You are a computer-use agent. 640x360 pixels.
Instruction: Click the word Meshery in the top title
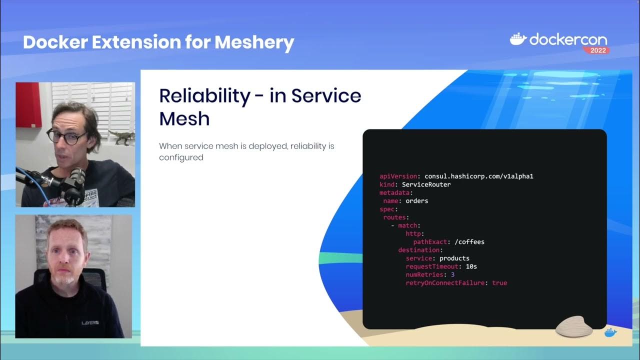coord(254,42)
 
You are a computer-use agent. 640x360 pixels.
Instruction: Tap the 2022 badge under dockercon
coord(596,50)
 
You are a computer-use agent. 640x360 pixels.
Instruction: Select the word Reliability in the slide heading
coord(204,95)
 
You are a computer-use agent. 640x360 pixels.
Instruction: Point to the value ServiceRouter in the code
coord(426,184)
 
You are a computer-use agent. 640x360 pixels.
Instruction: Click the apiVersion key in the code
coord(398,176)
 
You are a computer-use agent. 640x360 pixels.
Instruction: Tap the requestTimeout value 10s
coord(471,266)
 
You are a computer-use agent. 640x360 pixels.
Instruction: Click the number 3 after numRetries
coord(452,274)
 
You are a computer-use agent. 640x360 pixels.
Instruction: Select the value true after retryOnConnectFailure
coord(499,283)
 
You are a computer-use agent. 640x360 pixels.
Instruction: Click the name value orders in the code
coord(416,201)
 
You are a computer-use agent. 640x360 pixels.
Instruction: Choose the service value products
coord(454,258)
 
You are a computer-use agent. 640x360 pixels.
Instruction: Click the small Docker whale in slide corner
coord(610,332)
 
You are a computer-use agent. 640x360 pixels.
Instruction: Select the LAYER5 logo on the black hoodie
coord(90,323)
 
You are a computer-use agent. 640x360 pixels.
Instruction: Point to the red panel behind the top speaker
coord(28,104)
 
